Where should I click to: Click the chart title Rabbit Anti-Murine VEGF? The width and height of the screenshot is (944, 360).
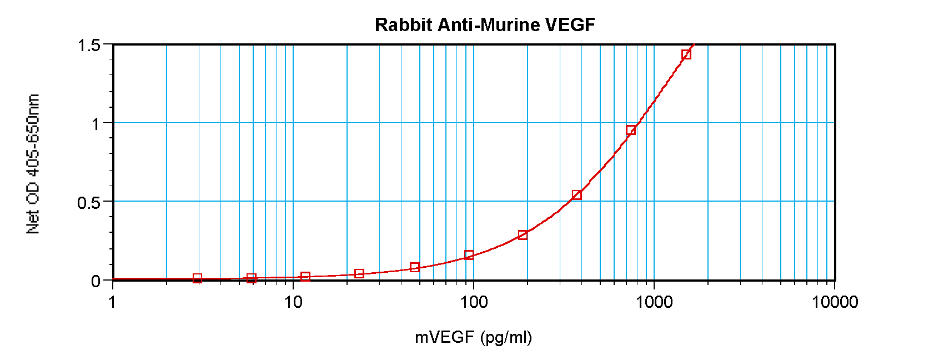(485, 25)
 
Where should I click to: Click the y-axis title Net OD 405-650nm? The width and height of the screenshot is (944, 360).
(33, 164)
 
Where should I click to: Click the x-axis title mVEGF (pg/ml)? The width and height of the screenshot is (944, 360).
(473, 337)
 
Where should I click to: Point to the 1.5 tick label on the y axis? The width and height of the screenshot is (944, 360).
(89, 45)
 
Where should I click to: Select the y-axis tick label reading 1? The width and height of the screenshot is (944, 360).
(96, 124)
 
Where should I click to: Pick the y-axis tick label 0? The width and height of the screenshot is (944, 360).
(96, 281)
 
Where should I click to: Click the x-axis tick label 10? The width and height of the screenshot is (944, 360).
(293, 302)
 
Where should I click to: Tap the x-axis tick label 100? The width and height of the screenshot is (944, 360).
(474, 302)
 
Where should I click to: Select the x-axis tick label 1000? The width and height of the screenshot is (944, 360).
(654, 302)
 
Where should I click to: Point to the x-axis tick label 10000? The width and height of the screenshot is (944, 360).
(835, 302)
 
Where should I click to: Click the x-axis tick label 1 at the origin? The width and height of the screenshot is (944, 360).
(113, 302)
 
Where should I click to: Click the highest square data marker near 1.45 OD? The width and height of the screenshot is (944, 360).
(686, 54)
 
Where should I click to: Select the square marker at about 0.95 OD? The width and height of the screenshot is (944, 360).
(631, 131)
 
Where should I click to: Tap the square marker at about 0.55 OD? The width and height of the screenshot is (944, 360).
(577, 194)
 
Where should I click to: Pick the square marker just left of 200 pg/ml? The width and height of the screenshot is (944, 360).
(523, 235)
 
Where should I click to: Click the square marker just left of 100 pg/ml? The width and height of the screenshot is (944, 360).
(469, 255)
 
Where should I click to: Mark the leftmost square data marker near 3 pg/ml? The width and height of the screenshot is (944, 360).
(197, 278)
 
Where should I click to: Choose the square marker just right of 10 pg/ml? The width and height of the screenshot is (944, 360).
(305, 276)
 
